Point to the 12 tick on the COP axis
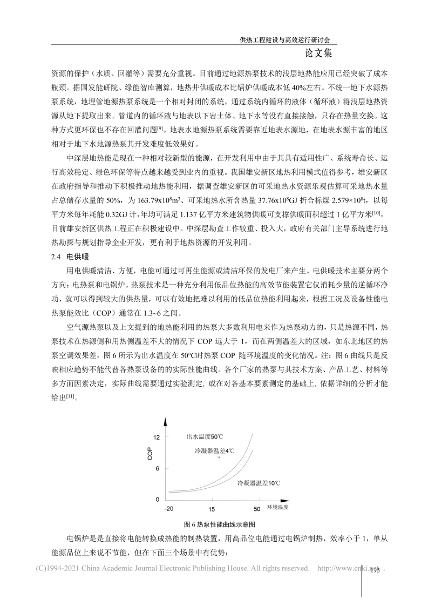point(157,436)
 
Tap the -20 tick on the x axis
point(169,509)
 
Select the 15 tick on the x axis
point(212,509)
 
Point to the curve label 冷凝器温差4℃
point(214,450)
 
